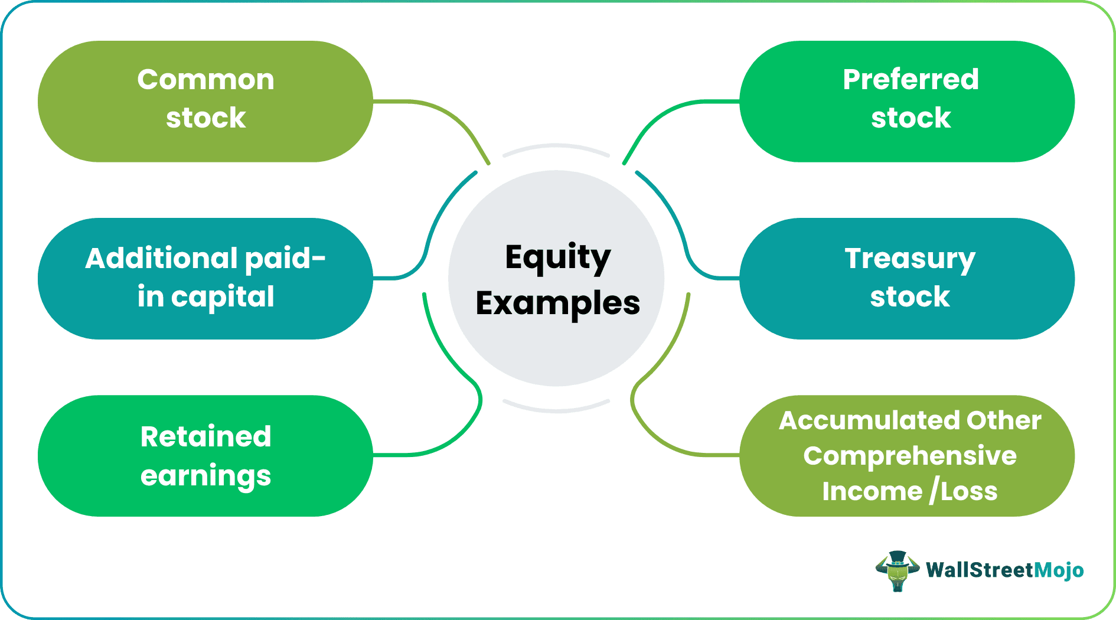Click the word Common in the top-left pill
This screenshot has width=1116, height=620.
point(205,80)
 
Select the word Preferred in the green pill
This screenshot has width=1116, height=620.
point(911,80)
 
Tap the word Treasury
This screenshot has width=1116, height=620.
point(909,259)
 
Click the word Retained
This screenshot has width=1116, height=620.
point(205,437)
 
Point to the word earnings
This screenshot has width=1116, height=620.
point(205,476)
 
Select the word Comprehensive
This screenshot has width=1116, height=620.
point(909,456)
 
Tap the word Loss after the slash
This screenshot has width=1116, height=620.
point(969,491)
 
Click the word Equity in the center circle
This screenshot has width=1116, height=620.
point(557,257)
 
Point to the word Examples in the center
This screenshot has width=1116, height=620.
point(557,304)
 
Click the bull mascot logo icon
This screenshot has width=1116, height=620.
point(897,570)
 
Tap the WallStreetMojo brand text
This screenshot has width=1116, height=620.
point(1004,570)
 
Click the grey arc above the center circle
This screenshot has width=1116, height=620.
point(556,146)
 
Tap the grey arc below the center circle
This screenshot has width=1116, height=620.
point(556,409)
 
